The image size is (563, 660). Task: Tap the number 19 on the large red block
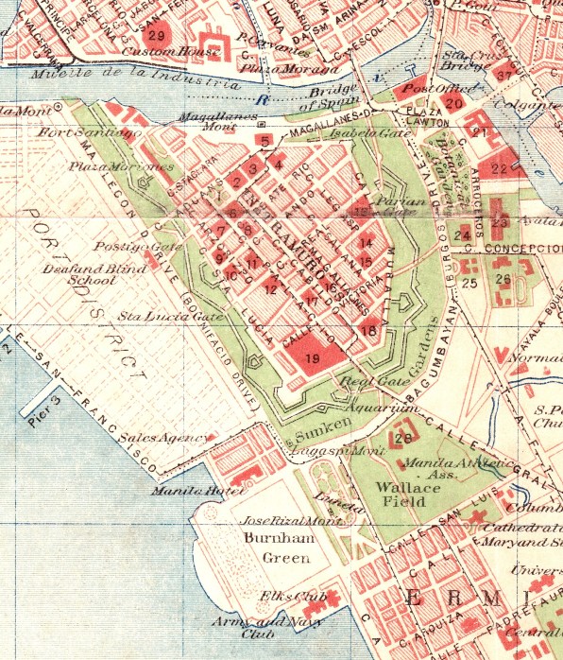310,358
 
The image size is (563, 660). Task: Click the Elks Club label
284,598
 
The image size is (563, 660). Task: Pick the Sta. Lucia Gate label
159,315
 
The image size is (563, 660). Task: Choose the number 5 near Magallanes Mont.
264,142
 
